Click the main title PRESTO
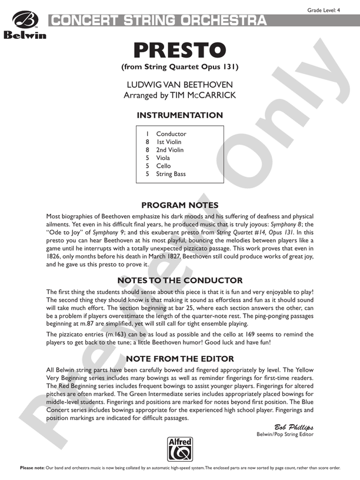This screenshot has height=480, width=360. point(179,49)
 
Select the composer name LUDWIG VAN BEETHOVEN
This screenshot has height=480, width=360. point(179,85)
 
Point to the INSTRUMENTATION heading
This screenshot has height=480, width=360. point(179,115)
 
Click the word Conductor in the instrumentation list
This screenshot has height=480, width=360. point(171,134)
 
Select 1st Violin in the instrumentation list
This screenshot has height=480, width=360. point(169,142)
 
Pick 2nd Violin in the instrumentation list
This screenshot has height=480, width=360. point(170,150)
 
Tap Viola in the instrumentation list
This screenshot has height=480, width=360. point(164,158)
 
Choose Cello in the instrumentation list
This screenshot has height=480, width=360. point(164,166)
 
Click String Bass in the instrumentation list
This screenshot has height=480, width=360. point(171,174)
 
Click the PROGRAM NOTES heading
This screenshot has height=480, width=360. point(179,205)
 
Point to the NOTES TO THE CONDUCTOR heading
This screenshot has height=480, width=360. point(179,281)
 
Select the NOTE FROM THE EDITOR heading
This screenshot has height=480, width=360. point(179,358)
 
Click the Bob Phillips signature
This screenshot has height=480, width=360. point(294,426)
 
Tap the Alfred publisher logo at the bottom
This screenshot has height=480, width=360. point(179,450)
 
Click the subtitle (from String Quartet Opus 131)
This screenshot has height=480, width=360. point(179,66)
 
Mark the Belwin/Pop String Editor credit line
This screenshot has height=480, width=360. point(285,434)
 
